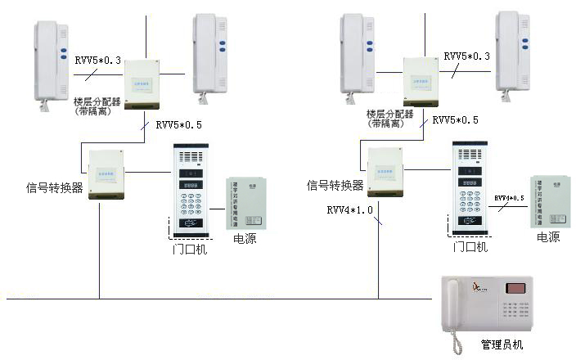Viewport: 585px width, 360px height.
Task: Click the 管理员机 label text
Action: click(x=502, y=345)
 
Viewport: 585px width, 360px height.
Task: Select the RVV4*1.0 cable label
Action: click(x=350, y=210)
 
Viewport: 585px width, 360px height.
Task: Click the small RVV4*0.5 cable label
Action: click(x=511, y=199)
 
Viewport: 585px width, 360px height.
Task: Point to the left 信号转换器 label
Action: click(x=55, y=188)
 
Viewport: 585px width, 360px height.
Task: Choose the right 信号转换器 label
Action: click(x=335, y=186)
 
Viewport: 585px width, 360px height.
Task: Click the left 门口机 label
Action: click(x=191, y=249)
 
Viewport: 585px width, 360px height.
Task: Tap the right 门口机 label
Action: click(x=470, y=246)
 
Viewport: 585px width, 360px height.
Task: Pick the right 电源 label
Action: click(x=548, y=237)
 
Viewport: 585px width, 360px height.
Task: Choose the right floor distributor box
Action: click(x=422, y=82)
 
